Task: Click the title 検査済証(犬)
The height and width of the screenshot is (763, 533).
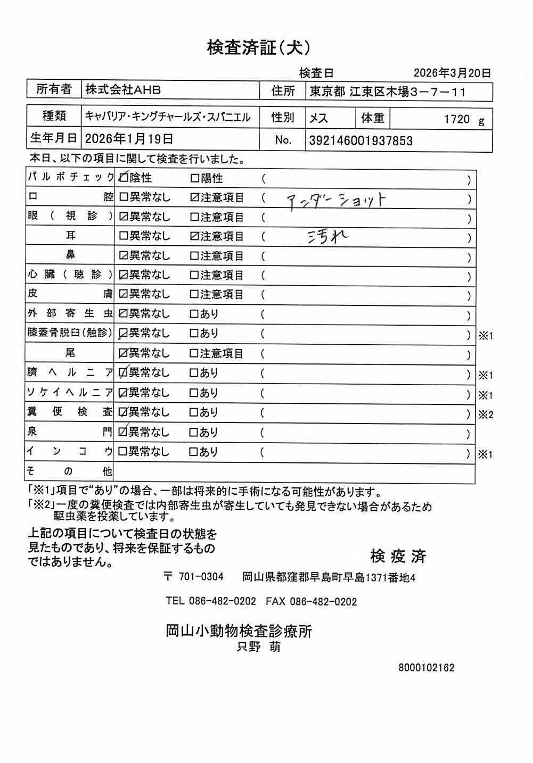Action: point(259,48)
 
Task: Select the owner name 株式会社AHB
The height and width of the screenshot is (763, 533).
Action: point(123,90)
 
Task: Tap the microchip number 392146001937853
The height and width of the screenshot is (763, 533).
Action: point(360,141)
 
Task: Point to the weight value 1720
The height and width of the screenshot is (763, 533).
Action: point(457,119)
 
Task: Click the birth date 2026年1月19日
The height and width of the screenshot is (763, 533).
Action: point(129,139)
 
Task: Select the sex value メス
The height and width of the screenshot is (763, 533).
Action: point(318,118)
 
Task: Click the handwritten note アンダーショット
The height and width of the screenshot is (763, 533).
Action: point(336,200)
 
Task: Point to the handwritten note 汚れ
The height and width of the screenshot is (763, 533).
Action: point(327,236)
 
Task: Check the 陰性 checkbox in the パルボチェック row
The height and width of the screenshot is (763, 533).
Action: point(124,178)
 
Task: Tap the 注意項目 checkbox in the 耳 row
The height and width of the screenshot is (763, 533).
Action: point(194,236)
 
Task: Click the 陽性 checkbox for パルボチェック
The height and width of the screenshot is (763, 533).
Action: point(194,178)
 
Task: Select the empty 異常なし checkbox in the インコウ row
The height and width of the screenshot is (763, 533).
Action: point(123,452)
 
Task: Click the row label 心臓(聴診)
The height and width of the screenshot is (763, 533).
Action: point(70,275)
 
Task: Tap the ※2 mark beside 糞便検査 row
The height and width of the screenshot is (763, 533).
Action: point(485,415)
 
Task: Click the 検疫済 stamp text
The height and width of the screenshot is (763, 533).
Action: point(398,557)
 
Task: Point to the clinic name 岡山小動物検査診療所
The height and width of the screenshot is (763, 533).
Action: point(239,631)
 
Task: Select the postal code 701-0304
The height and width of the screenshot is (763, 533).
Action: point(201,577)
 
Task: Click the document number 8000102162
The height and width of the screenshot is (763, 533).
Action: point(426,668)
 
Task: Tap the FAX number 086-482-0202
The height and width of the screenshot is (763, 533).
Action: point(323,601)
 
